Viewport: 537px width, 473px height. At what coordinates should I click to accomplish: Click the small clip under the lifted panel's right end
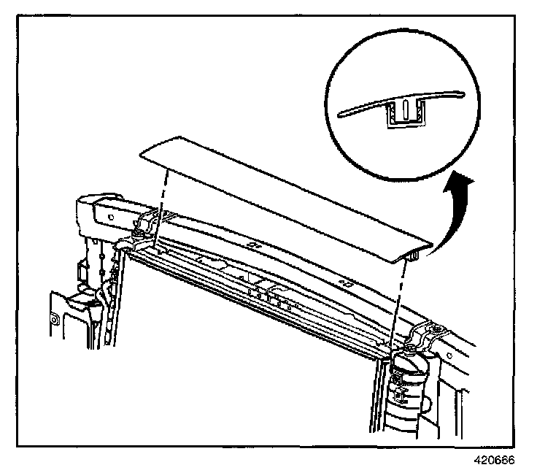click(x=413, y=255)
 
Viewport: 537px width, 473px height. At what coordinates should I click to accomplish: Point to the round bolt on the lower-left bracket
click(x=55, y=318)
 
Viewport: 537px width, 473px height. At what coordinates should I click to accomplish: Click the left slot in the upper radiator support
click(x=252, y=245)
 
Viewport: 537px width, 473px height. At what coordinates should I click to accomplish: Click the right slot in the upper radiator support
click(x=346, y=280)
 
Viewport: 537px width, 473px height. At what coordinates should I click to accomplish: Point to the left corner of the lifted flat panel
click(x=142, y=153)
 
